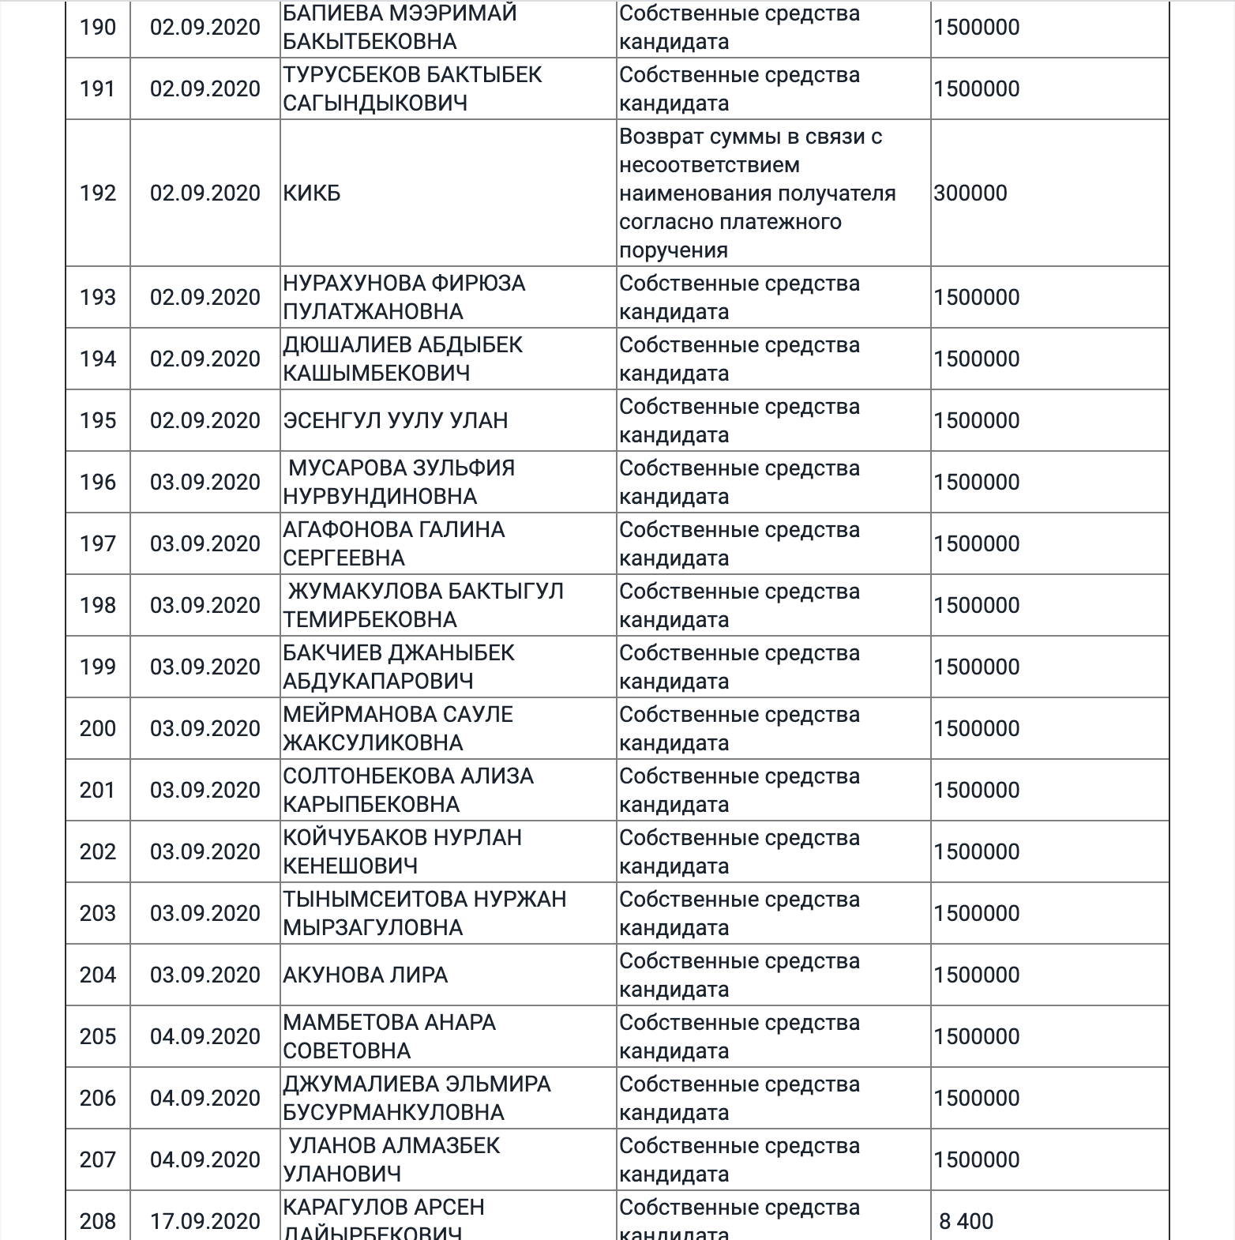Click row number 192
(98, 194)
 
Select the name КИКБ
(312, 194)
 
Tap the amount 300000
(970, 194)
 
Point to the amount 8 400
(966, 1222)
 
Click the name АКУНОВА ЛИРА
(366, 975)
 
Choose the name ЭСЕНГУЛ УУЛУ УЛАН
(396, 421)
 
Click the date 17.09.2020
(205, 1222)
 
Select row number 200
(98, 729)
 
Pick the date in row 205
(205, 1037)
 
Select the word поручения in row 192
(674, 250)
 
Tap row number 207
(98, 1160)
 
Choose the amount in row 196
(977, 483)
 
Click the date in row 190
(205, 28)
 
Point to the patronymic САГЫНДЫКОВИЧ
(375, 103)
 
